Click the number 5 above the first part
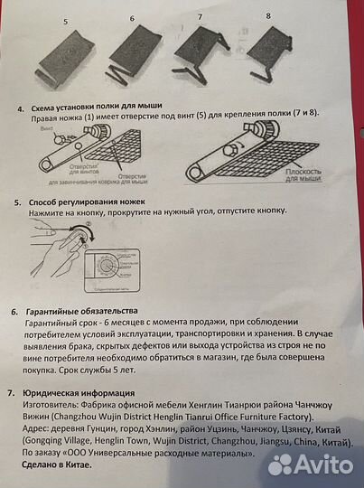tap(64, 20)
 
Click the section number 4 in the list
tap(20, 107)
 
